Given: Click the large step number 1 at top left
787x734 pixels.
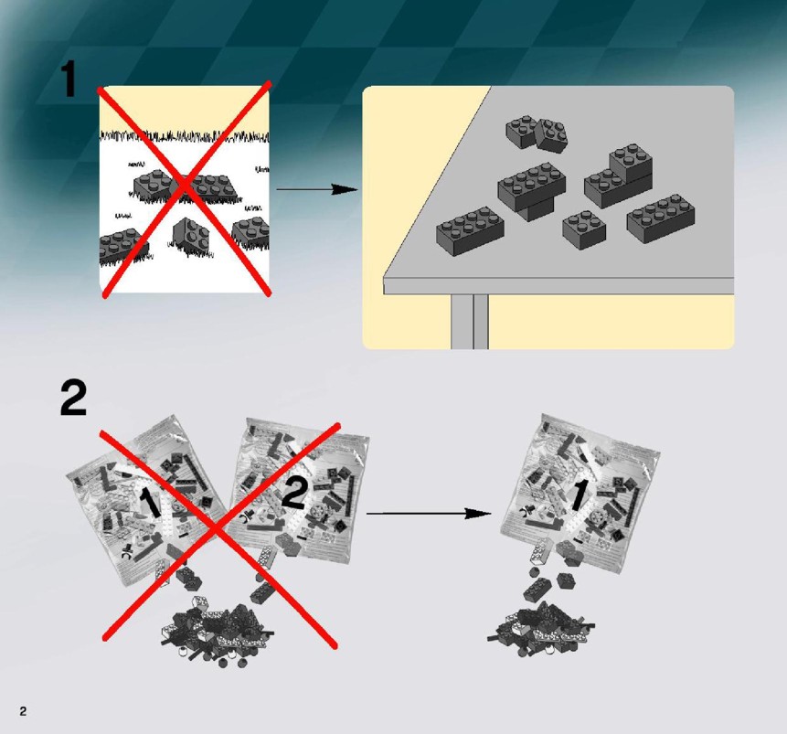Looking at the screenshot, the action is point(69,80).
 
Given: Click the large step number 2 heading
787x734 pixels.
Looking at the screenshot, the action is point(73,399).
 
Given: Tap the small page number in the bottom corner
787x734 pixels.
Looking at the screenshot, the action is point(23,711).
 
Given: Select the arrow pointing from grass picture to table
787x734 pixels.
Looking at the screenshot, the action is point(317,189).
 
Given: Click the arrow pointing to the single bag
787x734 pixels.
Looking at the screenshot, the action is point(429,513).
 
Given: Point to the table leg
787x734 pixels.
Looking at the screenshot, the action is point(469,321).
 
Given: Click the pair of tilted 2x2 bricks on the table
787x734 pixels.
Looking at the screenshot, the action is point(537,133).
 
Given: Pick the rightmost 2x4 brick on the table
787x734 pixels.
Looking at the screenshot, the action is point(661,218).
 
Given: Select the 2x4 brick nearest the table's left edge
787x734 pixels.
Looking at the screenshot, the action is point(470,231).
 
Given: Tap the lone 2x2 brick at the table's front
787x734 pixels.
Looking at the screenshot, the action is point(584,230).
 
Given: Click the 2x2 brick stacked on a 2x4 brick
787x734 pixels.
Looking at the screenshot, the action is point(631,161).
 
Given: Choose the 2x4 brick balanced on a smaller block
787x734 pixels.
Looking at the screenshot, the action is point(532,184).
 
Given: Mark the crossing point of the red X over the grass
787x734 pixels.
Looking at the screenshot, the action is point(186,186).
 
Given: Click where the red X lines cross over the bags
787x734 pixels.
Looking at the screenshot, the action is point(217,527).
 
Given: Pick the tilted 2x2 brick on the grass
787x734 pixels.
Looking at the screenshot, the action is point(191,234).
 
